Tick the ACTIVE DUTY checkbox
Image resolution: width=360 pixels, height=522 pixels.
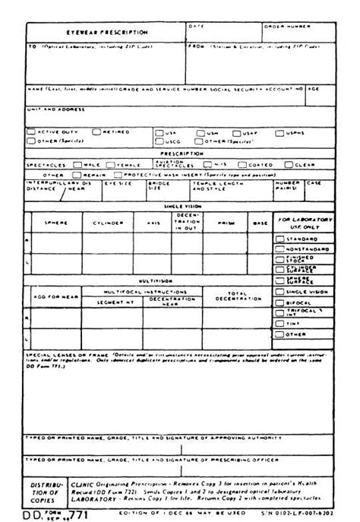tap(31, 131)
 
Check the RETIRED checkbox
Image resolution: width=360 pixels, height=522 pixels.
tap(96, 131)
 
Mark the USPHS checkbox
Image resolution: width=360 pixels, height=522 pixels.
tap(286, 131)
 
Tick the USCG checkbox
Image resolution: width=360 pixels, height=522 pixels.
tap(159, 141)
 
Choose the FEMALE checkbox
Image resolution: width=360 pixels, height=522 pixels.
tap(111, 164)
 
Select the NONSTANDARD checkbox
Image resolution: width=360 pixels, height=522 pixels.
tap(279, 248)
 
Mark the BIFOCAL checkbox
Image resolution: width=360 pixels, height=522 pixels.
tap(279, 302)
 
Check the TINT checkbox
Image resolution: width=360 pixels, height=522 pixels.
tap(279, 323)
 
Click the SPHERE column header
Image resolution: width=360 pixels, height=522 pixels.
tap(58, 223)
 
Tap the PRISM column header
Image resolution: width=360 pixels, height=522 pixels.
tap(226, 223)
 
